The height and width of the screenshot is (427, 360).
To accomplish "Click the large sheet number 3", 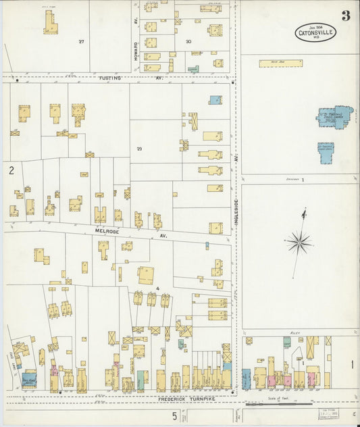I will point(345,16).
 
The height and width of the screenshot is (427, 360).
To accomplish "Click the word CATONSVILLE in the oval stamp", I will point(315,31).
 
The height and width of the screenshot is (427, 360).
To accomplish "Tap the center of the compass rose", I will point(299,241).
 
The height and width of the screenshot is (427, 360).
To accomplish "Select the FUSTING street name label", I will point(109,78).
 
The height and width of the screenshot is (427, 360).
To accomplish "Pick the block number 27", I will point(81,42).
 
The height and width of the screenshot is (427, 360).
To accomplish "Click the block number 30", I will point(188,41).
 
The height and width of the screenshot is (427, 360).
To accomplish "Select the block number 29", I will point(140,149).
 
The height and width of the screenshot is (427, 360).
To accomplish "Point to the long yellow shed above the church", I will point(280,64).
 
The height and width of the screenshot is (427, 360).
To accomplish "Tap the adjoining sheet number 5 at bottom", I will point(174,417).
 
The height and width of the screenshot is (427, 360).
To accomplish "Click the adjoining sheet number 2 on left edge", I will point(11,171).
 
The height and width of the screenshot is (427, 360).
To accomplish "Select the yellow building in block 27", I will point(50,23).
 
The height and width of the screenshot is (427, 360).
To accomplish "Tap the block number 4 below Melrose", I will point(157,289).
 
